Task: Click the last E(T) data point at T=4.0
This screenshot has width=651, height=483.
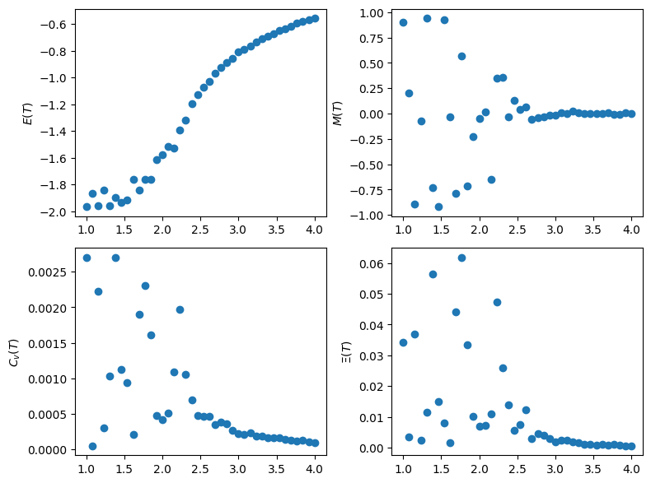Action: coord(315,18)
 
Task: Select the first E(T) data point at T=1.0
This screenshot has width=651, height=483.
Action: coord(87,207)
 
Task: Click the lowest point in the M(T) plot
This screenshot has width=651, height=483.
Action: coord(438,207)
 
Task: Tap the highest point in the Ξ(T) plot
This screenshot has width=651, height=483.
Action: coord(461,258)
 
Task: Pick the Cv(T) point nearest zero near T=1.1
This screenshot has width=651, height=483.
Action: coord(92,446)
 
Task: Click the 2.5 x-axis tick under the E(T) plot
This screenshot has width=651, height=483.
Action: coord(200,226)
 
